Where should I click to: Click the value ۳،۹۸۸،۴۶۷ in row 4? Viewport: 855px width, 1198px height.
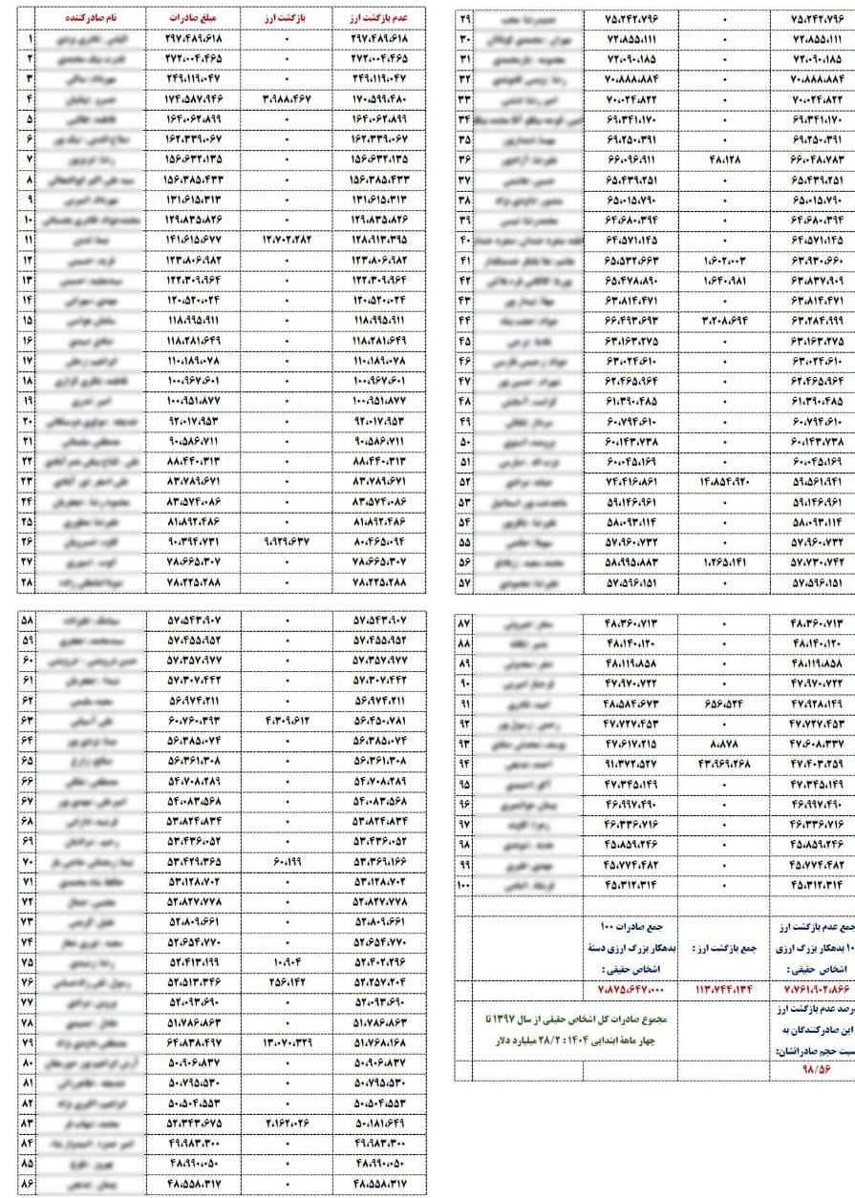(287, 98)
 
